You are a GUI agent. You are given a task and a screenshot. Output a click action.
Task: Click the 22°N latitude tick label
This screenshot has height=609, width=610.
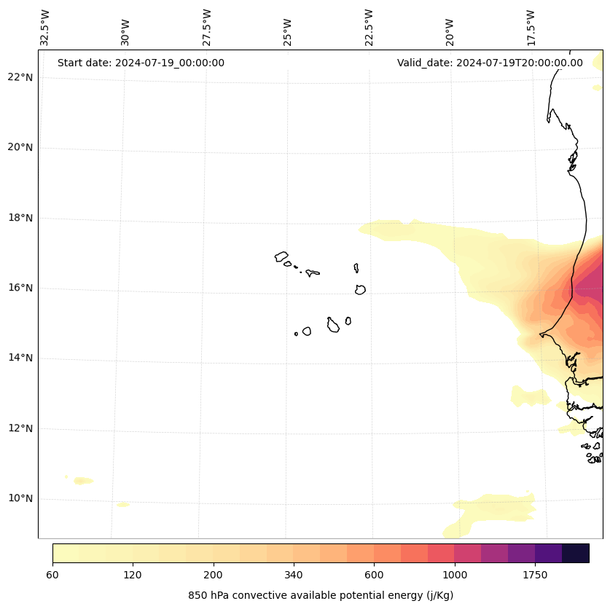[20, 78]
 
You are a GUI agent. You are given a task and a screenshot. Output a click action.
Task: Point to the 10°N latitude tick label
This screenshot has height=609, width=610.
[20, 499]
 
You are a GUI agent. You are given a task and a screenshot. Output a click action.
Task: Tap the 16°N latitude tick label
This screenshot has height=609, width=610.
[20, 288]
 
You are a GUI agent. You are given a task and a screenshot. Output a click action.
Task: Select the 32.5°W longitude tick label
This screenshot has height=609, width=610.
[45, 28]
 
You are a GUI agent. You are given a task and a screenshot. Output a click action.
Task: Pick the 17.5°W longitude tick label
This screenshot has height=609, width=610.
[531, 28]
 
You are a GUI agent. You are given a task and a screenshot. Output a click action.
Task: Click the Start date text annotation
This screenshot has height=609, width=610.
[141, 63]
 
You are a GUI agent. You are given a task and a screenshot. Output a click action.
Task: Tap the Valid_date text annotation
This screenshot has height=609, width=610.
[490, 63]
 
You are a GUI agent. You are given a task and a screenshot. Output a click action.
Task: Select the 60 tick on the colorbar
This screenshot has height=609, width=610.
[52, 575]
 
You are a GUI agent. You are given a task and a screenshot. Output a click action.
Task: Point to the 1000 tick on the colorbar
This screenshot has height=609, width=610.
[455, 575]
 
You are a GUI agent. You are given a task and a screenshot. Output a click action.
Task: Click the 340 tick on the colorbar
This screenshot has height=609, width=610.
[294, 575]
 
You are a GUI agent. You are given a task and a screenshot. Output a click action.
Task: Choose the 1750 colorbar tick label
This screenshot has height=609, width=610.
[535, 575]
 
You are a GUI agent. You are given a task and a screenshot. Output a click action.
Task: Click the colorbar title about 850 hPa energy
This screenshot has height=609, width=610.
[321, 595]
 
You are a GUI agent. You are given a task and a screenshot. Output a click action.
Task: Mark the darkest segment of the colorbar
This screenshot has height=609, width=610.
[576, 553]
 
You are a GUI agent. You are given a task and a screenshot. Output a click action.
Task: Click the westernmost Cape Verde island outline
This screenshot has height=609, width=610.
[281, 256]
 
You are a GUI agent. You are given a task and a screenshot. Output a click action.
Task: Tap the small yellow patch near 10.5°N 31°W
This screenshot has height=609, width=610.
[83, 481]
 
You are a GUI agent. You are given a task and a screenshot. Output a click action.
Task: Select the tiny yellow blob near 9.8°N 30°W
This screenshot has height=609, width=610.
[122, 505]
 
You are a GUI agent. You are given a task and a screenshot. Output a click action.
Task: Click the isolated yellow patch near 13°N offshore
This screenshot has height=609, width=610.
[531, 397]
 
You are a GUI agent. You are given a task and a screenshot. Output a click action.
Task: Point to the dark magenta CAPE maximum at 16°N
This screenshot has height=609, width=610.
[590, 288]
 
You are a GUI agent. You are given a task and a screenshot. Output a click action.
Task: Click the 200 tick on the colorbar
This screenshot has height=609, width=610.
[214, 575]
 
